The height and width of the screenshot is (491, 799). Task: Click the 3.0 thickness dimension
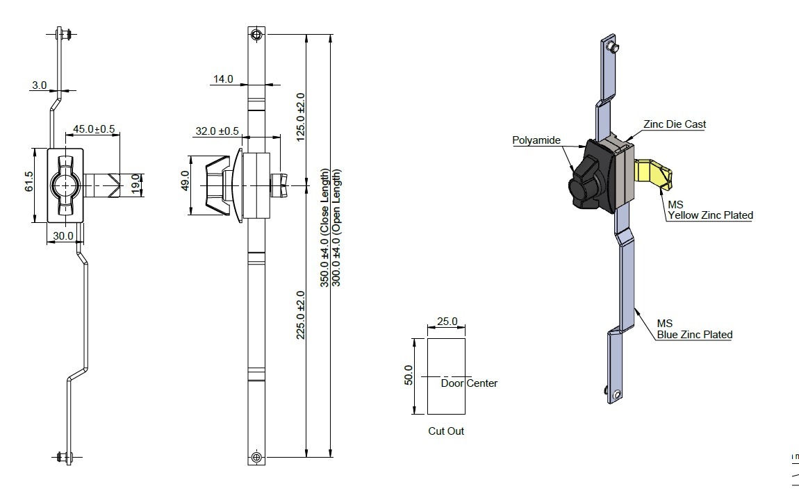[x=39, y=85]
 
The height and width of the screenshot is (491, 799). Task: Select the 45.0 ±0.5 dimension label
[x=94, y=129]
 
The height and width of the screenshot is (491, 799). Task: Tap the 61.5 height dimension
[x=28, y=181]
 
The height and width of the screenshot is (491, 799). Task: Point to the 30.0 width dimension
[x=63, y=236]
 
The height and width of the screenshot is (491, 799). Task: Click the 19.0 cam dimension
[x=135, y=183]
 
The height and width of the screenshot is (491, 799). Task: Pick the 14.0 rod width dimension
[x=223, y=79]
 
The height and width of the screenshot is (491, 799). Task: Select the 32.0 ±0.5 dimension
[x=217, y=131]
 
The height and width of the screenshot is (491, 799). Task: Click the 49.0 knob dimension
[x=185, y=181]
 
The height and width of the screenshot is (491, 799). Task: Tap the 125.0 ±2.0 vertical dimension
[x=301, y=117]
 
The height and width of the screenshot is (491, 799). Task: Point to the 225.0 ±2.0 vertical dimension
[x=301, y=315]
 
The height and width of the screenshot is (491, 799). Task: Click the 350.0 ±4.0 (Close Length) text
[x=324, y=228]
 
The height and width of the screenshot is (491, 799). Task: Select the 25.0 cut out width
[x=447, y=322]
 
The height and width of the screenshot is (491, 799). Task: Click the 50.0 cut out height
[x=409, y=375]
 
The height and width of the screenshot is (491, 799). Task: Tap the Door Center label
[x=469, y=383]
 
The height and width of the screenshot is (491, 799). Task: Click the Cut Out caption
[x=446, y=431]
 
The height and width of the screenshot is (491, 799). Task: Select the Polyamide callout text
[x=536, y=140]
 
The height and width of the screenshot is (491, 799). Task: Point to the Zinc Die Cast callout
[x=675, y=124]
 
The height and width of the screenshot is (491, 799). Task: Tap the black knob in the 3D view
[x=590, y=176]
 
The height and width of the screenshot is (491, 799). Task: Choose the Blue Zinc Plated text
[x=695, y=335]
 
